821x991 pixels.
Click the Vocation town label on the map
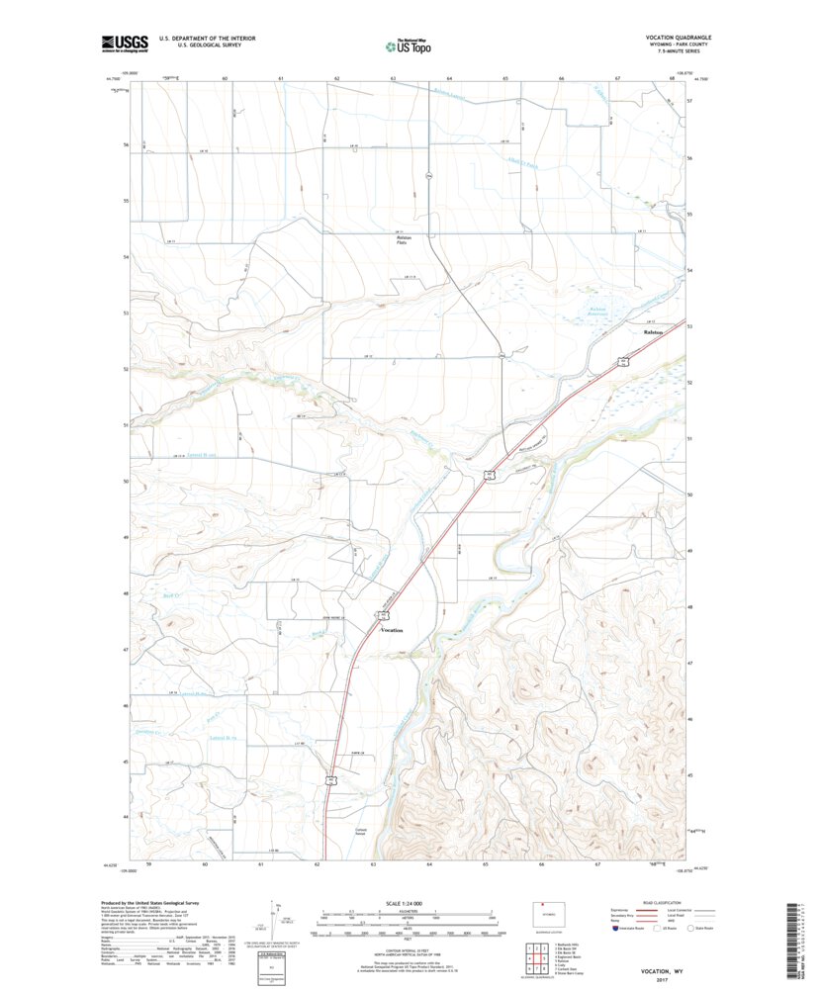(393, 629)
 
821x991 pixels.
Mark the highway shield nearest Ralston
(625, 361)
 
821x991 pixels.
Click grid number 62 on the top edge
(337, 77)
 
